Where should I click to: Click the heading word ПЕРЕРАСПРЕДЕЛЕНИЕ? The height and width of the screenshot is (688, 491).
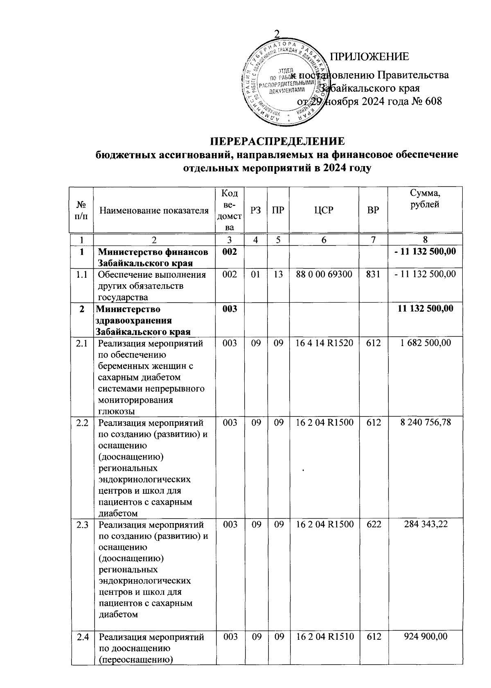click(277, 141)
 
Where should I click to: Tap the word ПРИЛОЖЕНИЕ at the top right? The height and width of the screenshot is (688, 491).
click(369, 57)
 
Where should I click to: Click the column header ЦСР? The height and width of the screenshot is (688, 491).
click(324, 210)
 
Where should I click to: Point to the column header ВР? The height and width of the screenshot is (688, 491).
click(373, 210)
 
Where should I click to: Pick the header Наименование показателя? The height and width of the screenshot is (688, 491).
click(154, 211)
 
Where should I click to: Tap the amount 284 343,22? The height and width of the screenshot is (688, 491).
click(426, 524)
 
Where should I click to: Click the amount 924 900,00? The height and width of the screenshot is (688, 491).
click(426, 636)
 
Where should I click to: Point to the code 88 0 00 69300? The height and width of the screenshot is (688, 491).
click(324, 274)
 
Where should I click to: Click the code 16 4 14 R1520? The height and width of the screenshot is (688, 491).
click(324, 342)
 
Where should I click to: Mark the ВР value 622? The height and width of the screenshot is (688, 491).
click(373, 524)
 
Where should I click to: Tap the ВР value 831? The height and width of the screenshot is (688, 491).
click(373, 274)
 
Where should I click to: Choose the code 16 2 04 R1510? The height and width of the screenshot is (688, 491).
click(324, 636)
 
